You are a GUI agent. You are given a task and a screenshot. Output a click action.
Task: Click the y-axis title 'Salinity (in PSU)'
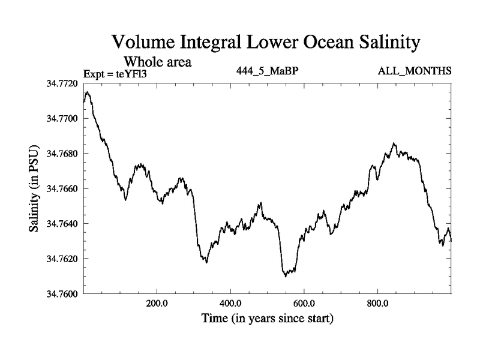34,189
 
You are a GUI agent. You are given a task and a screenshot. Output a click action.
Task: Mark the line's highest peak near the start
88,92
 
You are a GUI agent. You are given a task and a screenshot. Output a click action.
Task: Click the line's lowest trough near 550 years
285,276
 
